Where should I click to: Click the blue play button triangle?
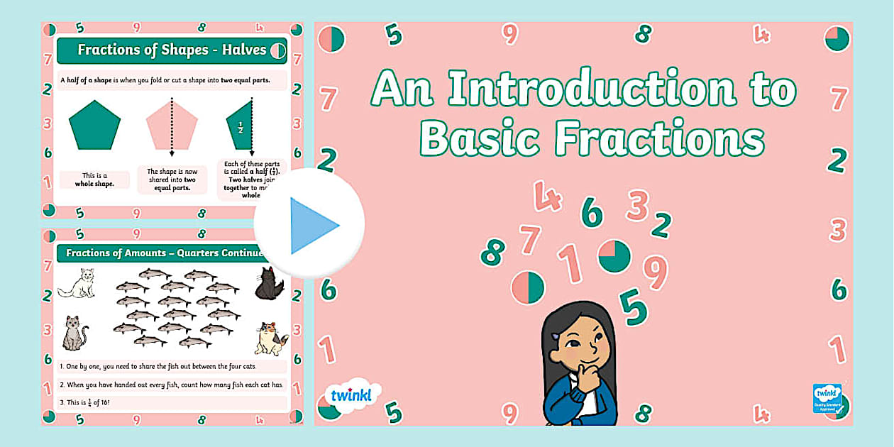click(x=312, y=226)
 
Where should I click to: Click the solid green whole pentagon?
click(x=94, y=125)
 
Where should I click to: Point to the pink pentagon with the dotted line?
click(x=171, y=125)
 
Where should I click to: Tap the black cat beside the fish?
click(x=270, y=284)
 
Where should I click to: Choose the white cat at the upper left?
click(x=77, y=283)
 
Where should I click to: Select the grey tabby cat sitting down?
click(x=74, y=333)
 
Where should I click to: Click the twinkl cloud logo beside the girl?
click(x=351, y=394)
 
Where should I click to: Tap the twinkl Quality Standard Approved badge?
click(x=827, y=398)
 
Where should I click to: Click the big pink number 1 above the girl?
click(x=569, y=263)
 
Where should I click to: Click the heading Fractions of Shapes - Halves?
click(x=171, y=50)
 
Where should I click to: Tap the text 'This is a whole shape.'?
click(x=94, y=180)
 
